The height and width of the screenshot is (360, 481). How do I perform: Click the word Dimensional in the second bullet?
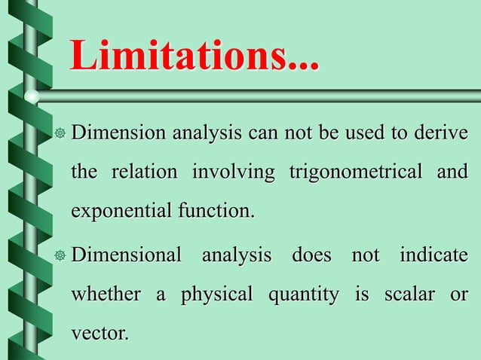(x=127, y=255)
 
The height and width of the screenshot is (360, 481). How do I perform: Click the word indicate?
(x=434, y=255)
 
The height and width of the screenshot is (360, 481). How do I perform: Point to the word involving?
(x=234, y=172)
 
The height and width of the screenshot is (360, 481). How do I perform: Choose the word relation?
(x=146, y=172)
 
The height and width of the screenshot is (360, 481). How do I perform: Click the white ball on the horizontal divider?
(x=32, y=96)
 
